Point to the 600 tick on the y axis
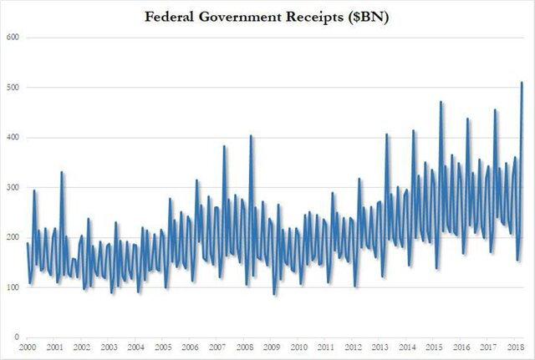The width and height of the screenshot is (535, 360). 13,38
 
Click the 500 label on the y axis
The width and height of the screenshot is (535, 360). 13,88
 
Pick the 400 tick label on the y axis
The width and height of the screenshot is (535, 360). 13,137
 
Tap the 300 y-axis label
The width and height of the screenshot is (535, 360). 13,187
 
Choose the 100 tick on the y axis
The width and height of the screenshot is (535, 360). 13,287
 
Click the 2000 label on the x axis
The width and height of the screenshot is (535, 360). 28,347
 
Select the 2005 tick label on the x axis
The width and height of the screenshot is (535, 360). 164,347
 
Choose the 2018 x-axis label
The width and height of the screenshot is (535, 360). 517,347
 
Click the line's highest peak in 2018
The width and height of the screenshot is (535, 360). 522,82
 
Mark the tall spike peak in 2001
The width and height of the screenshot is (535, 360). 62,172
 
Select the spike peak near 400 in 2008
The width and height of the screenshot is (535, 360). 251,136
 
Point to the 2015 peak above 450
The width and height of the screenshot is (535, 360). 441,102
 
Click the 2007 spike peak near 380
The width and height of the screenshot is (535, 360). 224,146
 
